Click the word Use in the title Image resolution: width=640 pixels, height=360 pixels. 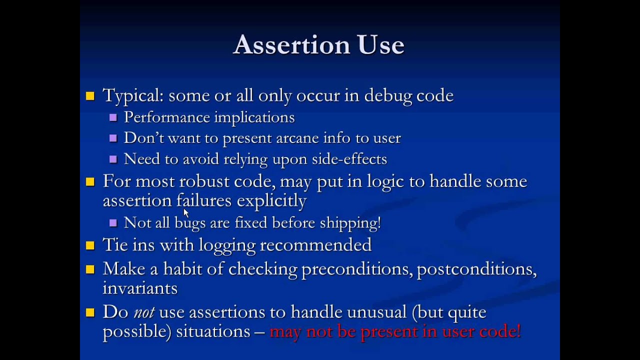(x=380, y=45)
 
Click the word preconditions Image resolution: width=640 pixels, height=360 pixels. (x=356, y=269)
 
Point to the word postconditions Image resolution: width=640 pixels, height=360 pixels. (x=476, y=269)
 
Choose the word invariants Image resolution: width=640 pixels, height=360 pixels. (x=140, y=288)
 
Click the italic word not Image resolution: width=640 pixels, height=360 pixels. (x=143, y=312)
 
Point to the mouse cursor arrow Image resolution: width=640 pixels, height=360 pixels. (x=185, y=212)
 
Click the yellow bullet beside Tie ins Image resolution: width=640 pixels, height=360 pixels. (x=90, y=245)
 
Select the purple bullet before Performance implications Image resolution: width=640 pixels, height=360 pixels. (x=113, y=117)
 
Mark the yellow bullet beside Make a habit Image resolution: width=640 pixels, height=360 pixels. (x=90, y=269)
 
